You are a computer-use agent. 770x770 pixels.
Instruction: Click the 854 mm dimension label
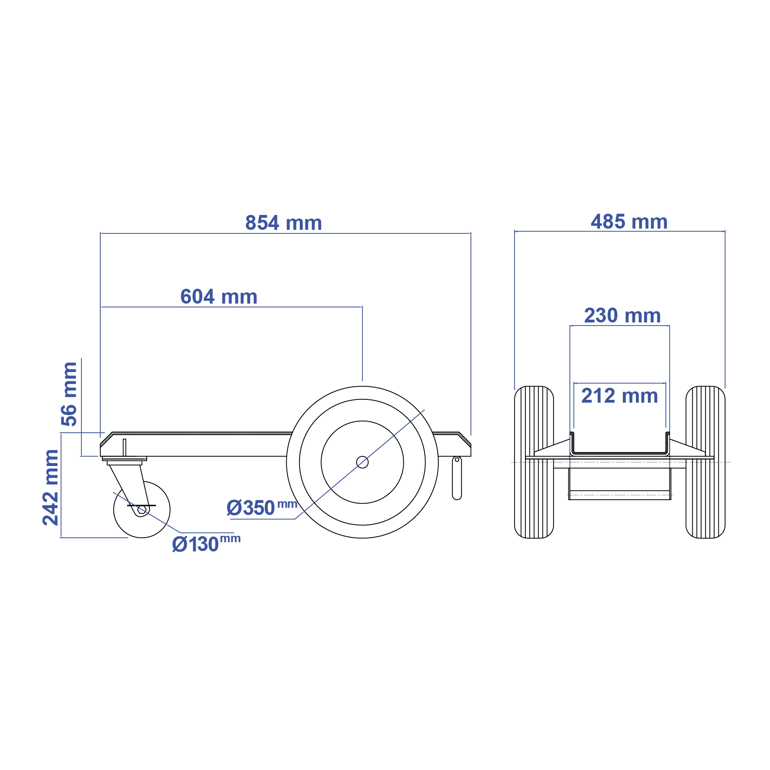tap(284, 223)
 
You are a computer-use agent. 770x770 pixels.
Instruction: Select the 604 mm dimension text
tap(219, 297)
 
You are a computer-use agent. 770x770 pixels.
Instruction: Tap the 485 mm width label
tap(629, 222)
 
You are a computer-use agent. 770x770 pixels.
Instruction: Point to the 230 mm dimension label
tap(622, 316)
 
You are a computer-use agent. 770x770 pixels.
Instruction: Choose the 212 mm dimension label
tap(619, 396)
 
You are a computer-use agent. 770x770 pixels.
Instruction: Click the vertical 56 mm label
tap(69, 393)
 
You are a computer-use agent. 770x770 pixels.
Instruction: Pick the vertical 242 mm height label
tap(51, 487)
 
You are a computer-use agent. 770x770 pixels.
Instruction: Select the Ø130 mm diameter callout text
tap(205, 544)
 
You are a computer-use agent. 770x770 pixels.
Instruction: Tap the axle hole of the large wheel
tap(362, 462)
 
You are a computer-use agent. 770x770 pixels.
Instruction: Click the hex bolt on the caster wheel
tap(142, 509)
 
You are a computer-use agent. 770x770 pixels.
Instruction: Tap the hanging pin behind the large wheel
tap(457, 479)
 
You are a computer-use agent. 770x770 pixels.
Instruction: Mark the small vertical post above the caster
tap(124, 447)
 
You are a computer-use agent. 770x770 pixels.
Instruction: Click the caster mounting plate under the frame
tap(124, 459)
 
